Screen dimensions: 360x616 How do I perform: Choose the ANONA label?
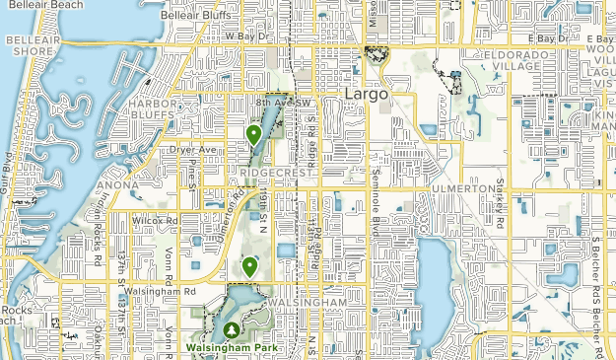click(x=117, y=184)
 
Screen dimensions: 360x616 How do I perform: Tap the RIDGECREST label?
click(x=275, y=173)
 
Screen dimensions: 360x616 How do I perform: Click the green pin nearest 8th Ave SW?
click(x=254, y=135)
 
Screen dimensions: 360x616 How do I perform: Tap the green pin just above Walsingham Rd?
click(x=250, y=266)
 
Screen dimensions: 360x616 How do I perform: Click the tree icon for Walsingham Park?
click(x=231, y=330)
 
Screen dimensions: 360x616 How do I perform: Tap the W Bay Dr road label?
click(x=245, y=36)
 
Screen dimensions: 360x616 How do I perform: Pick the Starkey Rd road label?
click(x=500, y=212)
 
